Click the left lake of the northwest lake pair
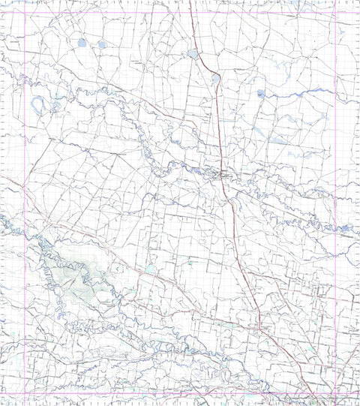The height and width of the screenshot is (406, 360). (80, 43)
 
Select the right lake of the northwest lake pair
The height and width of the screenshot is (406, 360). (102, 44)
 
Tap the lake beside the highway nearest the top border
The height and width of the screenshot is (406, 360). (193, 54)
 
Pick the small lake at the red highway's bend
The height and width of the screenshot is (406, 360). (216, 77)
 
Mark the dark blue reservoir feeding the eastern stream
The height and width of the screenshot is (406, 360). (260, 94)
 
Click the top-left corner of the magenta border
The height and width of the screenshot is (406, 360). (26, 14)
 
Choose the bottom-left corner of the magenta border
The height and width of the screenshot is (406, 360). (26, 392)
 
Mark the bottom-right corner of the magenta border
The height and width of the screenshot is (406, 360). (335, 392)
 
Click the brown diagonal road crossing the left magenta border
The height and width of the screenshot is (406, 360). (26, 193)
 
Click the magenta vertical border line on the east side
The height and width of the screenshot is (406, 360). (334, 225)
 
